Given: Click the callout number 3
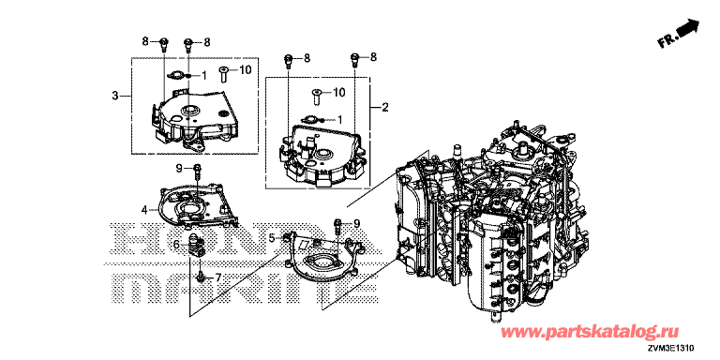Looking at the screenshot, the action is (x=115, y=96).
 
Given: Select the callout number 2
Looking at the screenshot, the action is (x=384, y=108).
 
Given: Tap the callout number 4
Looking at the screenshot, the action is (x=144, y=210).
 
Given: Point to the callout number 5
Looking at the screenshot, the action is (x=272, y=238).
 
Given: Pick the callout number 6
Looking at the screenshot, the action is (x=176, y=246).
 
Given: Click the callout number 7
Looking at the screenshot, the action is (x=218, y=277).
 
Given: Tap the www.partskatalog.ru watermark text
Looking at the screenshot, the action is (x=589, y=332).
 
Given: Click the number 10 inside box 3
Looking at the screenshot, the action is (x=247, y=69).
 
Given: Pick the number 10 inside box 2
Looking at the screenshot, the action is (x=337, y=92).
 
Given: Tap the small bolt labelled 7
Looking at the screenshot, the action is (x=201, y=277).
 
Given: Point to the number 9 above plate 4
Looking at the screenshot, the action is (x=180, y=168).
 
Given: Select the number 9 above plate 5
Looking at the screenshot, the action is (x=355, y=224).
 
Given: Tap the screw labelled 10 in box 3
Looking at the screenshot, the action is (x=224, y=74).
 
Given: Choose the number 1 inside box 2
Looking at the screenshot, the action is (x=339, y=119).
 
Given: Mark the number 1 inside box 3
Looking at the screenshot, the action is (x=203, y=74).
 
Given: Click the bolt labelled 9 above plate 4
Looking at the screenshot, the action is (x=197, y=171).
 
